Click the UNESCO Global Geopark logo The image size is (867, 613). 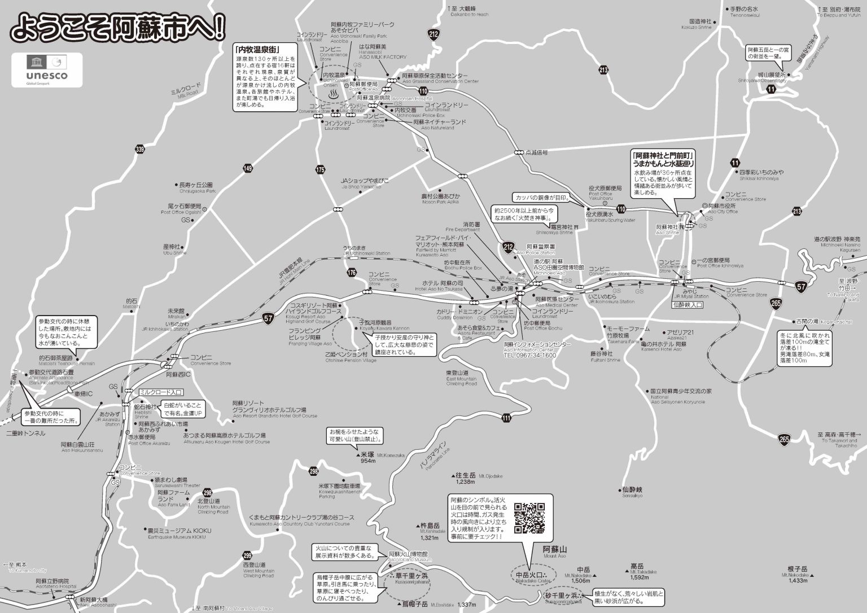click(x=47, y=70)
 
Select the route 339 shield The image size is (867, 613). click(x=141, y=149)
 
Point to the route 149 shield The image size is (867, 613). click(x=247, y=168)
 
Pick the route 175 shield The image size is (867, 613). click(x=321, y=169)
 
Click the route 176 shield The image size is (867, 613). click(x=352, y=273)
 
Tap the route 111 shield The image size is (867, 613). click(x=505, y=418)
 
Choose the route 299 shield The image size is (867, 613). click(x=247, y=555)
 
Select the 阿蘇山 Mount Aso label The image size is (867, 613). click(x=554, y=551)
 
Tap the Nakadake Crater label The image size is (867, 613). click(x=532, y=577)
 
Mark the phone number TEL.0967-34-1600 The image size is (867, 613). click(x=530, y=356)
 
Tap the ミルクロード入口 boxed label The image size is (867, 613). click(x=161, y=392)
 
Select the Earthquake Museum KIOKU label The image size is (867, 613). click(x=175, y=533)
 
